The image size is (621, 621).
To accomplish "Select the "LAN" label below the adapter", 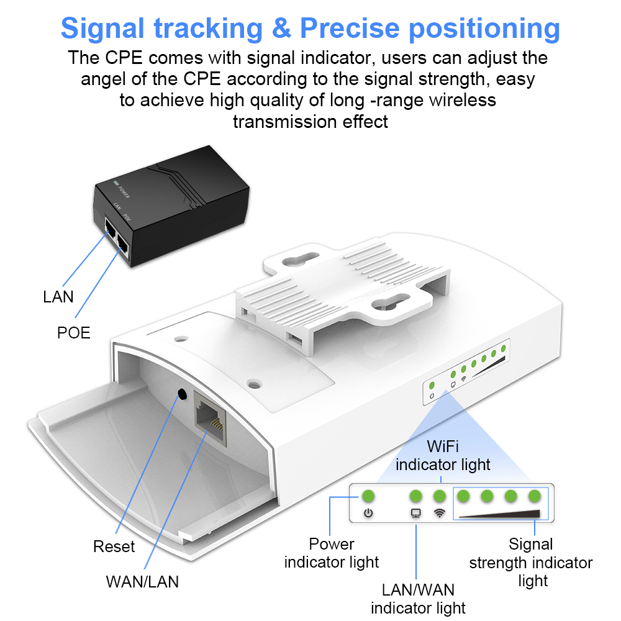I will coord(58,297).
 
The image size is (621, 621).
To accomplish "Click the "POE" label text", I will coord(74,333).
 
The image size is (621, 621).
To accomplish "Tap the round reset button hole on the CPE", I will coord(182,394).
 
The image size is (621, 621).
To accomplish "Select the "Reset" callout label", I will coord(114,546).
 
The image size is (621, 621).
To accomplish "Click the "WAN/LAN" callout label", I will coord(142,582).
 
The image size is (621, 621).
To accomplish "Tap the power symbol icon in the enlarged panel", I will coord(368,514).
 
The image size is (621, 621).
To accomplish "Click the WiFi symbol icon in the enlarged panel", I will coord(440,514).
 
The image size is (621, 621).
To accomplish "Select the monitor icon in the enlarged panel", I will coord(416,514).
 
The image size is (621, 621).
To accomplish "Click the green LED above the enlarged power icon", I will coord(368,496).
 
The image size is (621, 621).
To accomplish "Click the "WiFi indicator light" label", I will coord(443,455).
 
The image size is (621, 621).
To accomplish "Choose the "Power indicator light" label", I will coord(332,553).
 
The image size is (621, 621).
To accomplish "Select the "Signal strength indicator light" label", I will coord(531,563).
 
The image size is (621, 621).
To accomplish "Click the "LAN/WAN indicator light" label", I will coord(418,598).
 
